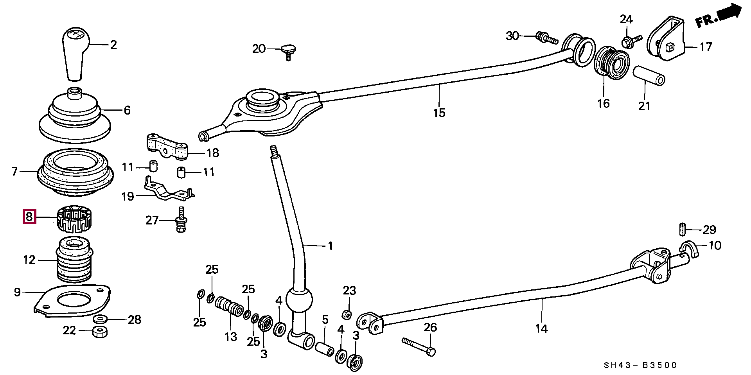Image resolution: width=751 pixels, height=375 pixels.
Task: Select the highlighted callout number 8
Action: (x=29, y=216)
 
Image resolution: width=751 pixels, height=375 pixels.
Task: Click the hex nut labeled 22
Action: (x=101, y=332)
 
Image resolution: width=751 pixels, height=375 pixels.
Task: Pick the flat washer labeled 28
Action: (x=101, y=319)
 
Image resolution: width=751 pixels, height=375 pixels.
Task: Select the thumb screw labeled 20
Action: (x=288, y=51)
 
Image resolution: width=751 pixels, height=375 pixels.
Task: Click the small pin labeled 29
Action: (x=682, y=229)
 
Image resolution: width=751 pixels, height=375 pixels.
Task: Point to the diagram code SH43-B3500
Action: (x=640, y=365)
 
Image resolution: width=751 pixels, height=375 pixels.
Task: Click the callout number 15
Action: (x=439, y=113)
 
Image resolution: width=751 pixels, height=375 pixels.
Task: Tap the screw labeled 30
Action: (x=546, y=38)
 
